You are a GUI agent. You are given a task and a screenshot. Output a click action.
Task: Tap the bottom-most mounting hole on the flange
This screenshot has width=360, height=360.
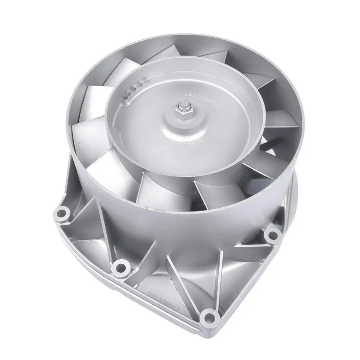click(x=208, y=317)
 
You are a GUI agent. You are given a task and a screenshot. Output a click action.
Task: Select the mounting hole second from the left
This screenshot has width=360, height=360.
click(x=120, y=265)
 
